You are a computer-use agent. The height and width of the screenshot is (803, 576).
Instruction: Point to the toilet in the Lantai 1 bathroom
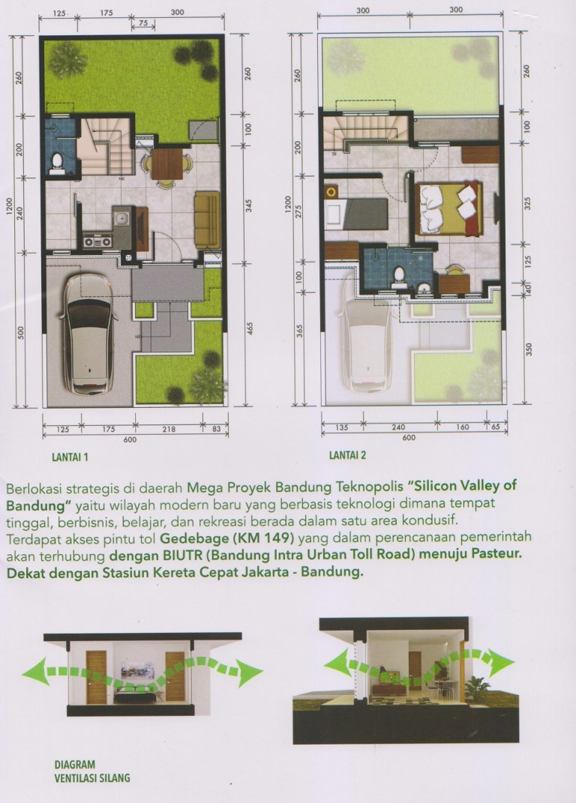(x=55, y=163)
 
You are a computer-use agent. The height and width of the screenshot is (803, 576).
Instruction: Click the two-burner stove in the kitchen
(x=97, y=241)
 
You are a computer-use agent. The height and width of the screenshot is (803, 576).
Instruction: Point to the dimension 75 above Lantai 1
(x=143, y=25)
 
